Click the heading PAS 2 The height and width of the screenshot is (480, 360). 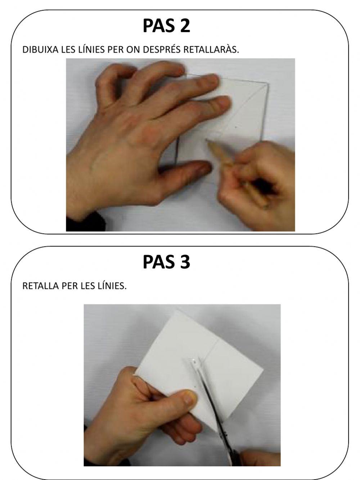click(166, 26)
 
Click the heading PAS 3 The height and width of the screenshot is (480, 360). click(166, 262)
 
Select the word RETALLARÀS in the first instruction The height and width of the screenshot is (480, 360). click(211, 50)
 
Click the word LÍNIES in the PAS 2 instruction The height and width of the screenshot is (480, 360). click(92, 50)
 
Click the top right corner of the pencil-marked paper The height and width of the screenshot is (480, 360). click(268, 84)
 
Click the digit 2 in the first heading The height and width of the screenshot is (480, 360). click(185, 26)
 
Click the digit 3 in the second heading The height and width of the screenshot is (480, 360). click(185, 262)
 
